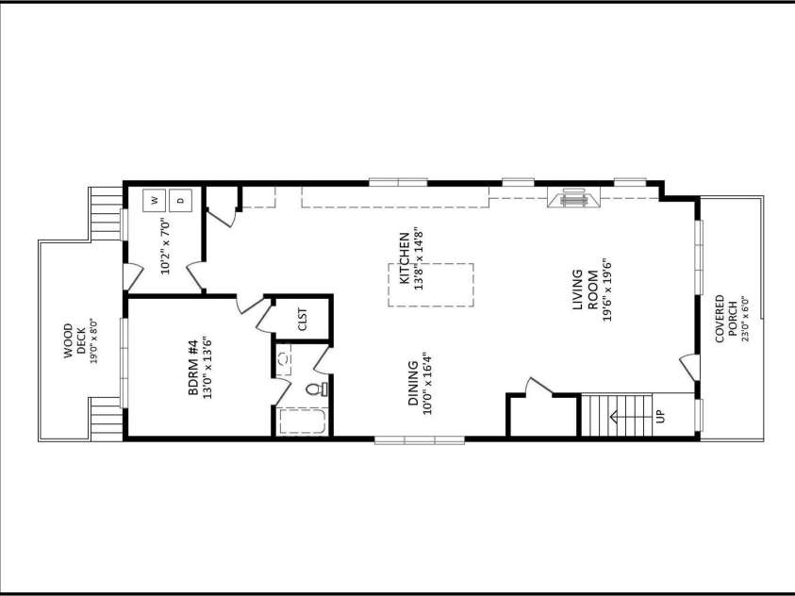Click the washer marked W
tap(155, 200)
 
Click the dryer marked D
tap(180, 200)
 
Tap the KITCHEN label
tap(404, 258)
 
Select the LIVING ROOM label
tap(583, 290)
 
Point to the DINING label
tap(414, 383)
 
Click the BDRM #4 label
tap(193, 368)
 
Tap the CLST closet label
tap(303, 319)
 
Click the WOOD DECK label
tap(75, 340)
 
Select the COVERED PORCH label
tap(725, 319)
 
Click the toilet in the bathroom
tap(316, 389)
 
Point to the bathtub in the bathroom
tap(302, 422)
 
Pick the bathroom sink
tap(285, 358)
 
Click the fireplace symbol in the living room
tap(573, 197)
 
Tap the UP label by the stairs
tap(660, 416)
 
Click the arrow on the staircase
tap(630, 417)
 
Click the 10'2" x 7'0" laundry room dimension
tap(167, 246)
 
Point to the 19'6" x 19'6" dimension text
tap(607, 290)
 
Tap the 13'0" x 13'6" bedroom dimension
tap(207, 368)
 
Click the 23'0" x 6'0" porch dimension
tap(745, 319)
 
